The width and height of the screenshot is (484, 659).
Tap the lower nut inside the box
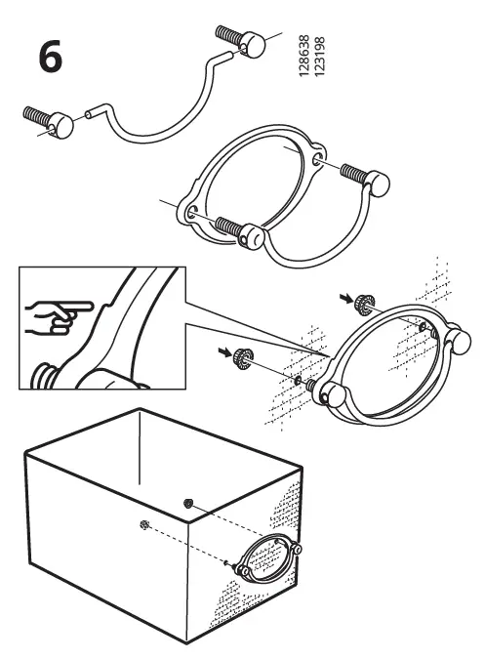point(144,525)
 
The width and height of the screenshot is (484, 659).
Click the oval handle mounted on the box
point(263,561)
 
